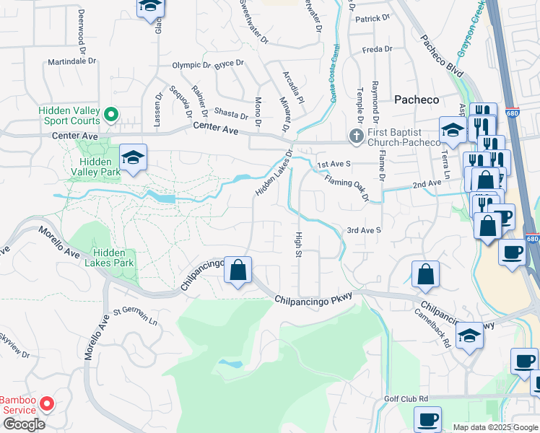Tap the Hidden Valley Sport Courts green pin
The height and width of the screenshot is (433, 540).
point(110,114)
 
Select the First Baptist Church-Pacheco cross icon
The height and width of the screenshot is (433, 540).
point(354,135)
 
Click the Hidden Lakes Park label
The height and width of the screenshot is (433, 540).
point(113,258)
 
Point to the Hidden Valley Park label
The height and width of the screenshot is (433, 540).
point(95,167)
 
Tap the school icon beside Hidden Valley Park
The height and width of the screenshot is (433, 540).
point(134,157)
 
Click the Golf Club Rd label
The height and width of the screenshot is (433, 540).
point(406,398)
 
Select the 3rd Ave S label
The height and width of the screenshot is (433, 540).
point(363,230)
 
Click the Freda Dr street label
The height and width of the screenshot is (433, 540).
point(377,50)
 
